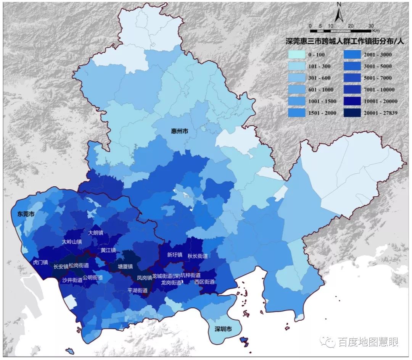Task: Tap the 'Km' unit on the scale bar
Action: coord(376,31)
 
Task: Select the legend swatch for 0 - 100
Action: coord(297,55)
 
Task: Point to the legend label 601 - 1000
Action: coord(320,90)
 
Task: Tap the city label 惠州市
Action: coord(179,131)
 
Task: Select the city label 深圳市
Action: coord(223,329)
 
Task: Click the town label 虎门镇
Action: coord(40,262)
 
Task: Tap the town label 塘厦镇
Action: coord(125,266)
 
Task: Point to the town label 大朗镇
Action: coord(96,232)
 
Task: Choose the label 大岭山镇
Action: coord(72,242)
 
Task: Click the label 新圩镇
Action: coord(175,255)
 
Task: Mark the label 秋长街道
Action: coord(197,256)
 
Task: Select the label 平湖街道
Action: coord(137,291)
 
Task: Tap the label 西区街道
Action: coord(204,282)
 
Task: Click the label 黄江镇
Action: coord(108,250)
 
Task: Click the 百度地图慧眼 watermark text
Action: coord(368,342)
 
